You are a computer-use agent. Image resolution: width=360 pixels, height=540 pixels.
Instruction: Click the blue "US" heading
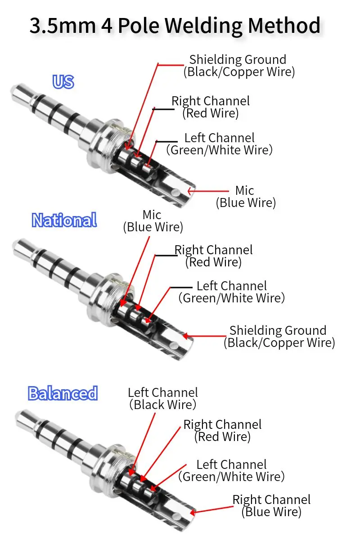coord(63,82)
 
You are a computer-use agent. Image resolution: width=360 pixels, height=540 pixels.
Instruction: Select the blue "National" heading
coord(64,220)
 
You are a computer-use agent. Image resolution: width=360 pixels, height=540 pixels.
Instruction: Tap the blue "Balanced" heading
coord(63,393)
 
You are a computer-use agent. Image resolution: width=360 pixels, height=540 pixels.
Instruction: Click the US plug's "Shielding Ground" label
coord(238,60)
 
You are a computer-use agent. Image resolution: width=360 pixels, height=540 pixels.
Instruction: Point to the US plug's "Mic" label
coord(245,190)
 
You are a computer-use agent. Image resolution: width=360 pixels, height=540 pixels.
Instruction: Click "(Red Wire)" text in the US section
coord(210,113)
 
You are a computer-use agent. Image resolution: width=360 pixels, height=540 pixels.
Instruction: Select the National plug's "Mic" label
coord(152,215)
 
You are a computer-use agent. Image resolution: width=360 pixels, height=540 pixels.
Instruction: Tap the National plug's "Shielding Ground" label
coord(278,331)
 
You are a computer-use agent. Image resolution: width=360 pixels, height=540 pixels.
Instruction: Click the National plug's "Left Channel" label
coord(231,286)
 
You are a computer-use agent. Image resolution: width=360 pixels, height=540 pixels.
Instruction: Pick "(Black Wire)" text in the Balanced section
coord(162,405)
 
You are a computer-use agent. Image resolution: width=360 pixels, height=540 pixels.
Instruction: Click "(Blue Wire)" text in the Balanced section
coord(271,512)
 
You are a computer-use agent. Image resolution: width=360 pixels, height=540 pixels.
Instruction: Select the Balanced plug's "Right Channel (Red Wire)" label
coord(222,430)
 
